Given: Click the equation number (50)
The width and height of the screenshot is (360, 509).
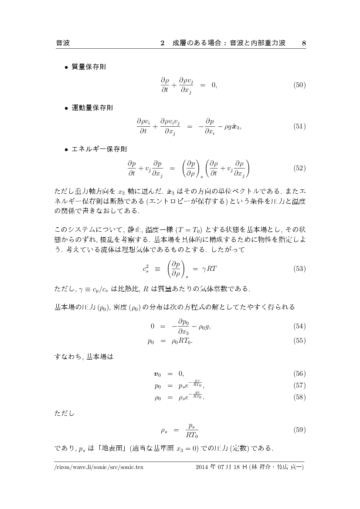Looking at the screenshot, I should [299, 85].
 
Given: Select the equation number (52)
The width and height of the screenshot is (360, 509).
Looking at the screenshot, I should [299, 168].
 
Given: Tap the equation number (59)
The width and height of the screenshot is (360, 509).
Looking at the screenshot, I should [299, 430].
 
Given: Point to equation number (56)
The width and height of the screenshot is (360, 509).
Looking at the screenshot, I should [299, 374].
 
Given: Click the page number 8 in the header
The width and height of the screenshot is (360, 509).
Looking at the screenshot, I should [304, 43].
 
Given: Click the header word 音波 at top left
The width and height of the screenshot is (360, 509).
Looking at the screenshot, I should [63, 43].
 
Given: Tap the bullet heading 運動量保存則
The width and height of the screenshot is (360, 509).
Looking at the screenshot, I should [92, 108].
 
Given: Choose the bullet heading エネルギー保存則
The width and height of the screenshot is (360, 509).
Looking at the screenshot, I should [99, 148].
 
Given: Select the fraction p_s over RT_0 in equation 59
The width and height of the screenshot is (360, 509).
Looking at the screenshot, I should [192, 430].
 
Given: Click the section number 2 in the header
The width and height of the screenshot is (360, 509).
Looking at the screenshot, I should [162, 43].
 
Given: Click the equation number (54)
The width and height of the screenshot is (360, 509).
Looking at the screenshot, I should [299, 326].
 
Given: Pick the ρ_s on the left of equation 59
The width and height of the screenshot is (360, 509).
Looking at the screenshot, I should [163, 431].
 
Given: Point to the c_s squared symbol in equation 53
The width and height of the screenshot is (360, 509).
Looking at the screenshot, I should [146, 269].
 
